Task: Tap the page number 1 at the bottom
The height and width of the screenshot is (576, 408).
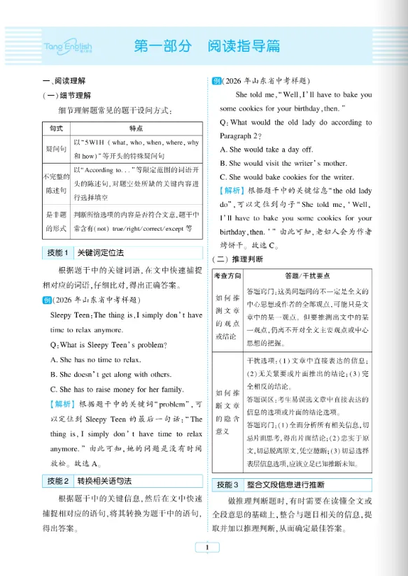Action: click(x=207, y=548)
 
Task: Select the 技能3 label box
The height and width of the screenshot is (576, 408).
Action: click(x=227, y=484)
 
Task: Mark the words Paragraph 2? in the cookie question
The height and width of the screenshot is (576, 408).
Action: click(x=240, y=135)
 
